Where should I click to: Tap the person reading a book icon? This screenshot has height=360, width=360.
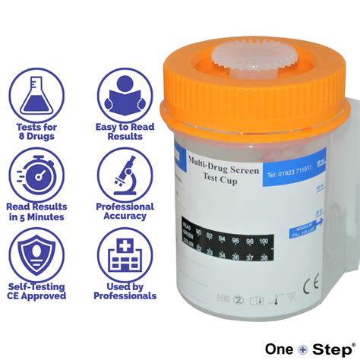click(124, 93)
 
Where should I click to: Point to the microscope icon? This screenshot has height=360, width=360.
click(124, 172)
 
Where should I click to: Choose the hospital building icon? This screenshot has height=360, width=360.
click(124, 254)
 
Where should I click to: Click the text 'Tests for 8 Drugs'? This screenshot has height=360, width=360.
click(35, 131)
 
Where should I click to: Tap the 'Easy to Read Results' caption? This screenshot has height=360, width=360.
click(125, 131)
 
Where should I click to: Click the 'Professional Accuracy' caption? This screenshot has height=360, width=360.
click(125, 211)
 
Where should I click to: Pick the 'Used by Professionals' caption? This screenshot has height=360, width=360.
click(125, 292)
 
